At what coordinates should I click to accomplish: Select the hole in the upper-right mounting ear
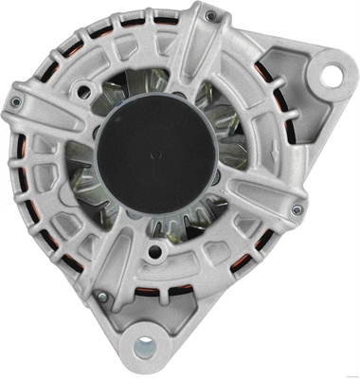pyautogui.click(x=330, y=71)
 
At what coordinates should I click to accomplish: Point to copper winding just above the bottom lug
pyautogui.click(x=180, y=311)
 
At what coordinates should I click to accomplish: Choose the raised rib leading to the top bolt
pyautogui.click(x=194, y=47)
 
